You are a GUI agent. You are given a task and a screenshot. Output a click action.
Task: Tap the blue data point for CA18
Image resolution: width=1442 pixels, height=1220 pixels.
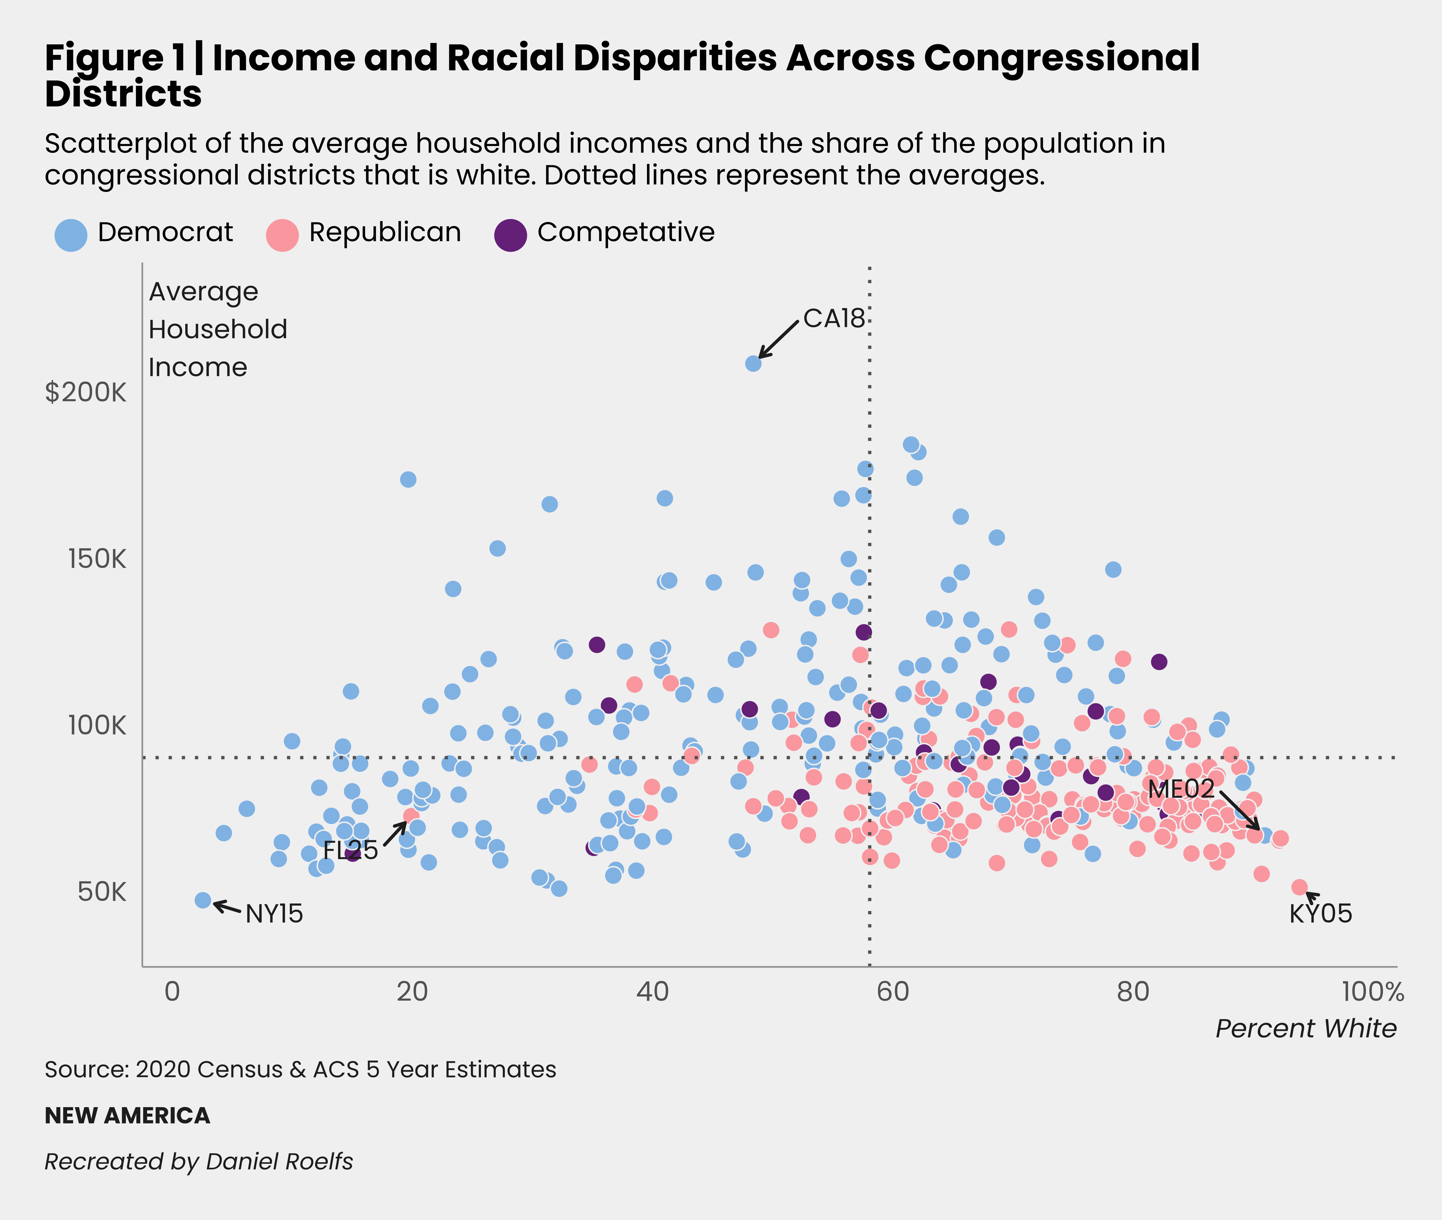coord(753,363)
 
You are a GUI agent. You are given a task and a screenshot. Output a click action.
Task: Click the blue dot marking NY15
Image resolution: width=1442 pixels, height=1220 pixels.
coord(203,900)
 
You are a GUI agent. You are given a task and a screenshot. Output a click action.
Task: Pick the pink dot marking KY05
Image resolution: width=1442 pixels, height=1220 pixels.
coord(1299,887)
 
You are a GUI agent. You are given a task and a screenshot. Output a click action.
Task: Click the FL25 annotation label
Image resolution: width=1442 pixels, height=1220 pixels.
coord(351,850)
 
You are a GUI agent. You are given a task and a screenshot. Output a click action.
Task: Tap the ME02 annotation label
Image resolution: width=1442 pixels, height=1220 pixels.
coord(1180,789)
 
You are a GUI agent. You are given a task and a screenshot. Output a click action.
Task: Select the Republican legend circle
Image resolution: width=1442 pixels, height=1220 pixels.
coord(282,235)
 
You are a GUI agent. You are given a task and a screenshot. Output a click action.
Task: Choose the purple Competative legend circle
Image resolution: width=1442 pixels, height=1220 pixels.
coord(511,235)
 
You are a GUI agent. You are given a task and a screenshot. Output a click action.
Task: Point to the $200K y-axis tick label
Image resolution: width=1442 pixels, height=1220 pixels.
coord(86,392)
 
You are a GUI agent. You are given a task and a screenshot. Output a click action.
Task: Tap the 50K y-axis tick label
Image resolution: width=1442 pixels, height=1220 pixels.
coord(102,892)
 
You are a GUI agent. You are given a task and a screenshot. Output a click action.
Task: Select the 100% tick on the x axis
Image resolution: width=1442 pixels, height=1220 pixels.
coord(1373,992)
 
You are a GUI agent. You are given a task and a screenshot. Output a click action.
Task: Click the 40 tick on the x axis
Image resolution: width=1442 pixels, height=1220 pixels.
coord(652,992)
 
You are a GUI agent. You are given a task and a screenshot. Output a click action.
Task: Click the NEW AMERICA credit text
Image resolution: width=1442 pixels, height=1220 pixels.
coord(127,1115)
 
